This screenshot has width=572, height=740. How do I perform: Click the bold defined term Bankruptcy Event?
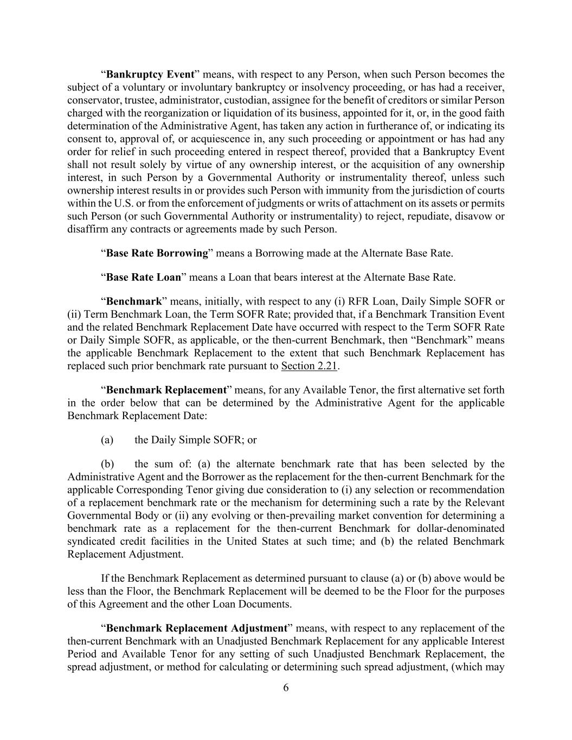150,74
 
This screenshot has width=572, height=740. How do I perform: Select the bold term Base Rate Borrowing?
157,253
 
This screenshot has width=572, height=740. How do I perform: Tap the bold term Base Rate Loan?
144,278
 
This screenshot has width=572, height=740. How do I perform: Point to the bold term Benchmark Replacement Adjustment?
197,628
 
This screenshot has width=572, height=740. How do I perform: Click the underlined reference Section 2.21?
309,366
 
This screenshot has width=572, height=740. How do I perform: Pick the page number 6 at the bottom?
286,688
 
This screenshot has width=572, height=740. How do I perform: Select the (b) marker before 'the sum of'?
107,464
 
